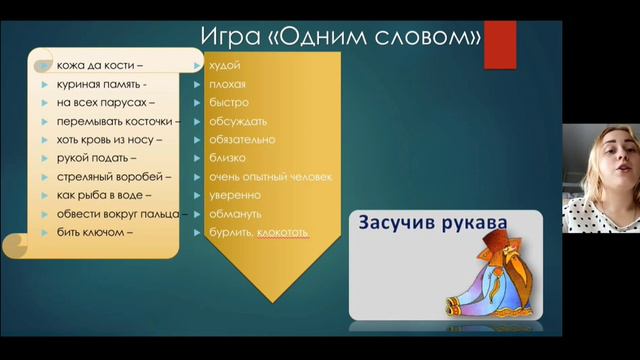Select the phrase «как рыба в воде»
pos(104,195)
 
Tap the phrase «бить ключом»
pos(95,233)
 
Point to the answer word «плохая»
pos(227,84)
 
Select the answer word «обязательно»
pos(241,140)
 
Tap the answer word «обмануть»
pos(235,214)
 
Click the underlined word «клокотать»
pos(282,233)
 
